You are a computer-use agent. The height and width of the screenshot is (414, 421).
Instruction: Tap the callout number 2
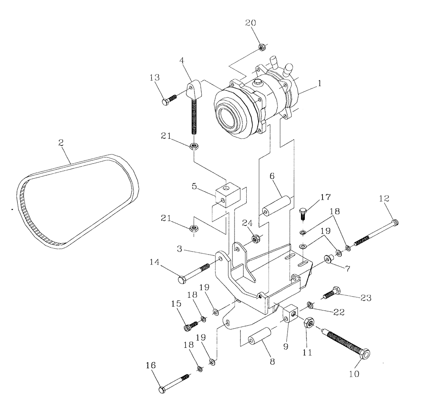(x=61, y=143)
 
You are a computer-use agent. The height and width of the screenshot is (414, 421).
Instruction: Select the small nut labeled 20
(x=261, y=47)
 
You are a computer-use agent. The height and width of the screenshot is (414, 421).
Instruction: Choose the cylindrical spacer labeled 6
(x=275, y=206)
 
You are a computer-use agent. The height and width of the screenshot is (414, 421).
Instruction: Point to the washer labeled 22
(x=310, y=304)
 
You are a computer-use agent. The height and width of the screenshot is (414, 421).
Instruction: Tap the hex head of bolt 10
(x=365, y=354)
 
